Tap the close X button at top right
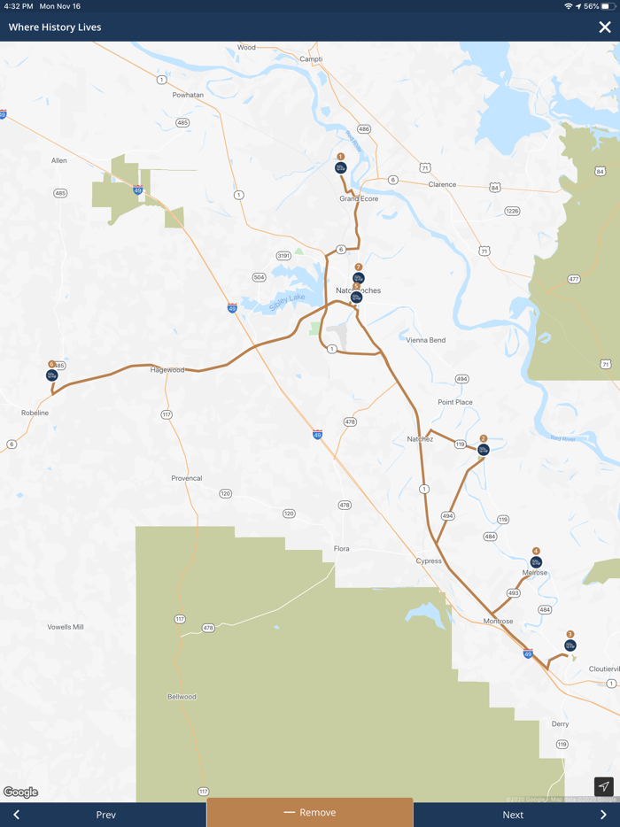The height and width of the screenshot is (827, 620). [x=604, y=27]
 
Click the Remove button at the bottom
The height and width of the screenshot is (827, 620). [x=310, y=812]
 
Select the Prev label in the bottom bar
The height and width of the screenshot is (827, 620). [x=105, y=815]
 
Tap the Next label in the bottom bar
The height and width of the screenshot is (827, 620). [x=513, y=815]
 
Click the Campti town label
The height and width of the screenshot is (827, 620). [x=311, y=59]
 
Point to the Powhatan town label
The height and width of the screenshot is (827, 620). [x=188, y=95]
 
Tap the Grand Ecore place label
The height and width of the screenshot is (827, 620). [x=359, y=198]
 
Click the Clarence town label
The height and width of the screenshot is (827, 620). [x=442, y=185]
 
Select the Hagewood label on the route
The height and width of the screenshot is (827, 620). [x=167, y=369]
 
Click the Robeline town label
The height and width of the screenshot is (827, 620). [x=35, y=413]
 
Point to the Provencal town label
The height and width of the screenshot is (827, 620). [x=187, y=478]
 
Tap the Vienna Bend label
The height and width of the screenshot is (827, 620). [x=426, y=340]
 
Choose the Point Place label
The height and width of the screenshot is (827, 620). [x=455, y=402]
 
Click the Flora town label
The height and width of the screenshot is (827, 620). [x=341, y=549]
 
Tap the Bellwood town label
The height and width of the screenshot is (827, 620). [x=182, y=697]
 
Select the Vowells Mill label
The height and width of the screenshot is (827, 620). [x=66, y=627]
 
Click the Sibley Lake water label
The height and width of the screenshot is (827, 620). [x=287, y=301]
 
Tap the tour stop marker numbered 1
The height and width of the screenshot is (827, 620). [x=340, y=167]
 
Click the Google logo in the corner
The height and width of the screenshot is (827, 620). [x=20, y=792]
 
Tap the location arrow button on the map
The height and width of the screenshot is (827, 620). [x=603, y=786]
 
